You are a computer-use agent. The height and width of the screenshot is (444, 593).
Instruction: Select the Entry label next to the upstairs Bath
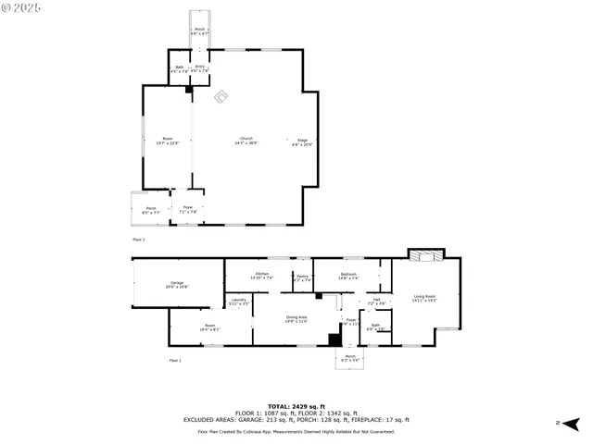[x=199, y=68]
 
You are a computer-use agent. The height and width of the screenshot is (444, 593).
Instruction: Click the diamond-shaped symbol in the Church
[x=221, y=96]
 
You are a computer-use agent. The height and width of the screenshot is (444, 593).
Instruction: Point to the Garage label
[x=176, y=284]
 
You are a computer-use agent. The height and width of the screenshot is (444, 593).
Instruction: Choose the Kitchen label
[x=262, y=276]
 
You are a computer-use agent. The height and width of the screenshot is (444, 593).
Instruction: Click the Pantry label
[x=302, y=277]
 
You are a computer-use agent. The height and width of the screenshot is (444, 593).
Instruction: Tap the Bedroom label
[x=348, y=276]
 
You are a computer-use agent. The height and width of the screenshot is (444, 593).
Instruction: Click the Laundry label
[x=238, y=302]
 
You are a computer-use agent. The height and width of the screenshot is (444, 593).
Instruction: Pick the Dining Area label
[x=296, y=318]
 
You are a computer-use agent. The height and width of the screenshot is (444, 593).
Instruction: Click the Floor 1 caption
[x=174, y=360]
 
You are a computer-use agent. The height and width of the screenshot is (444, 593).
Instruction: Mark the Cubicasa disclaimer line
[x=296, y=431]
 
